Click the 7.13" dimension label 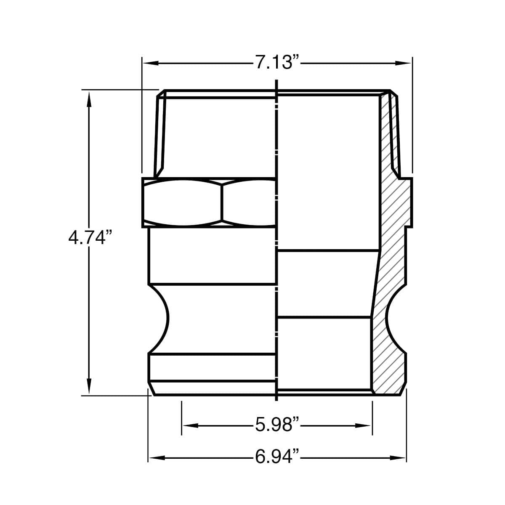coord(277,63)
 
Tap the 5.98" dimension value coord(277,425)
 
